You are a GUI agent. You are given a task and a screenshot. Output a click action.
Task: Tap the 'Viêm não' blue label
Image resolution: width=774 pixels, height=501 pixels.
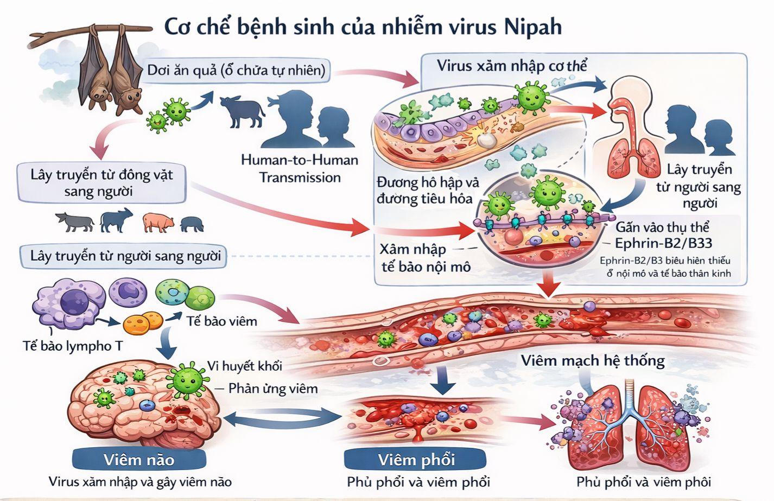pyautogui.click(x=139, y=460)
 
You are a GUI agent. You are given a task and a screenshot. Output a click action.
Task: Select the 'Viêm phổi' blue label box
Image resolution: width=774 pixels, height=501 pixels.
pyautogui.click(x=416, y=460)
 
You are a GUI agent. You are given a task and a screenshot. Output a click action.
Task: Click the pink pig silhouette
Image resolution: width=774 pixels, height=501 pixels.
pyautogui.click(x=158, y=221)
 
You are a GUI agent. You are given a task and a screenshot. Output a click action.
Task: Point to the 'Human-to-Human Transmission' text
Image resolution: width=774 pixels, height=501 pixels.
pyautogui.click(x=300, y=169)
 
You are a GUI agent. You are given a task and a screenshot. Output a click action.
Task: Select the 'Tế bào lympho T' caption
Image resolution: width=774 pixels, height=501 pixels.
pyautogui.click(x=73, y=345)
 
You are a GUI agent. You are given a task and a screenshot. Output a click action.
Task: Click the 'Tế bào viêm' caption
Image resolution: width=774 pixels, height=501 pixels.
pyautogui.click(x=221, y=321)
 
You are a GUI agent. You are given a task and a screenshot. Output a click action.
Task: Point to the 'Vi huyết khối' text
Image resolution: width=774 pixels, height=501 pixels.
pyautogui.click(x=245, y=365)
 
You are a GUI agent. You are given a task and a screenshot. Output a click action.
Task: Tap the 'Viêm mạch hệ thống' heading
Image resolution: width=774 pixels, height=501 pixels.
pyautogui.click(x=593, y=360)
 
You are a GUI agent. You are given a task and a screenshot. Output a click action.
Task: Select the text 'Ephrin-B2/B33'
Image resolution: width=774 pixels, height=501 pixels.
pyautogui.click(x=663, y=243)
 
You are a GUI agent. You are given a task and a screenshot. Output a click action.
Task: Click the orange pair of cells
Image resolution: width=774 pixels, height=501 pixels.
pyautogui.click(x=143, y=323)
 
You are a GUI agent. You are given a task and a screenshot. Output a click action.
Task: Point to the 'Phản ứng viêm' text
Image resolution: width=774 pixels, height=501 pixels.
pyautogui.click(x=273, y=388)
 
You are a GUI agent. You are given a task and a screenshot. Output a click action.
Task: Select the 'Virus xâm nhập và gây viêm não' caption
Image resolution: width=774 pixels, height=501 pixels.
pyautogui.click(x=140, y=481)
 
